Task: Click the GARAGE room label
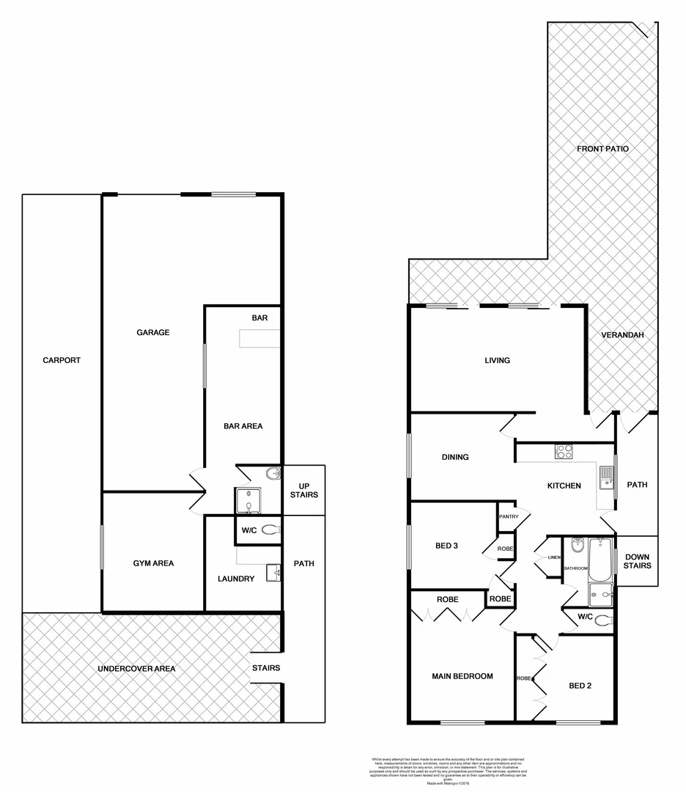coord(152,332)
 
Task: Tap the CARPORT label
coord(62,360)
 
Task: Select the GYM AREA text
coord(153,563)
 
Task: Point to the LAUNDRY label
coord(236,579)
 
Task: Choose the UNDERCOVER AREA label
coord(138,668)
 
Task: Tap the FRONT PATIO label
coord(602,149)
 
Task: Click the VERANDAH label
coord(622,335)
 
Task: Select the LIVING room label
coord(497,360)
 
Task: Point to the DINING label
coord(455,457)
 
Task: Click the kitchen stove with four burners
coord(564,452)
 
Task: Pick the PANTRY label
coord(509,516)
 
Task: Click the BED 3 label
coord(446,545)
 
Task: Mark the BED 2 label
coord(580,686)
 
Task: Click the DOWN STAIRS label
coord(637,561)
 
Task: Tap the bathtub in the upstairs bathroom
coord(600,560)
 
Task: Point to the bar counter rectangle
coord(260,339)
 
